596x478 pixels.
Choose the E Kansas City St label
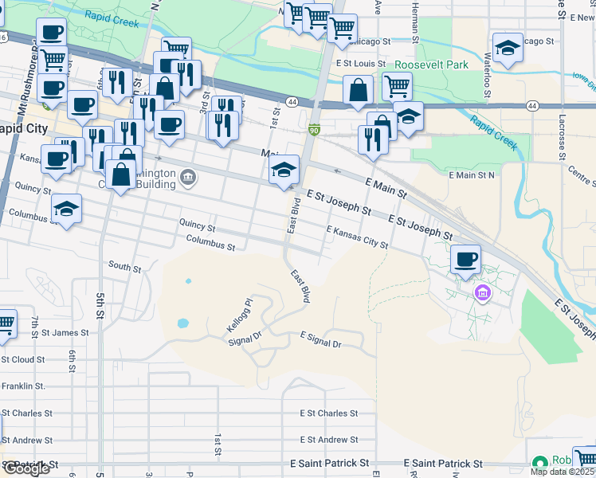coord(357,237)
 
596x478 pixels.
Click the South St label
coord(124,266)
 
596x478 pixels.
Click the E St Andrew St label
coord(329,440)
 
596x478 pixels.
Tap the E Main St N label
coord(472,174)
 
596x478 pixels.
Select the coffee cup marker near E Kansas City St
coord(465,259)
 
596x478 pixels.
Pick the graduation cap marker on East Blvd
coord(284,170)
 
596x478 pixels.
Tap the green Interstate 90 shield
coord(315,130)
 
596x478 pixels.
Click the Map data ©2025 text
coord(563,472)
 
